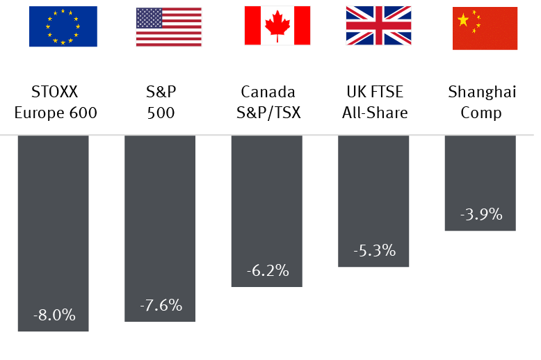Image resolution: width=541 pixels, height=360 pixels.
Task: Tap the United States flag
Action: coord(168,27)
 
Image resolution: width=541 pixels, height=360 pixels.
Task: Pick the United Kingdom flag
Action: coord(378,27)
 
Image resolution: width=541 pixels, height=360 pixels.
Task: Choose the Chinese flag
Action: coord(485,28)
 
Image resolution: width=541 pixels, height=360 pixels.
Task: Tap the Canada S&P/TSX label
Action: coord(268,101)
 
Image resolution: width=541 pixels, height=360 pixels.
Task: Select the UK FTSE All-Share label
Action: coord(374,101)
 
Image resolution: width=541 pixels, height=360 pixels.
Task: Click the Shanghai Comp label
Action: coord(480,101)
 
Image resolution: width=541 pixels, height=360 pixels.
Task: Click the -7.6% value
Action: coord(161,305)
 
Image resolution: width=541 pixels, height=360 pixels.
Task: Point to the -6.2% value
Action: coord(267,270)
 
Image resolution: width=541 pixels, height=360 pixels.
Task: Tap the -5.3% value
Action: coord(374,251)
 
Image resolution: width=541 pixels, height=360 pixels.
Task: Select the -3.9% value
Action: coord(481,214)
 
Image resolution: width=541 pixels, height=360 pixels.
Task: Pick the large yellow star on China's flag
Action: coord(463,19)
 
